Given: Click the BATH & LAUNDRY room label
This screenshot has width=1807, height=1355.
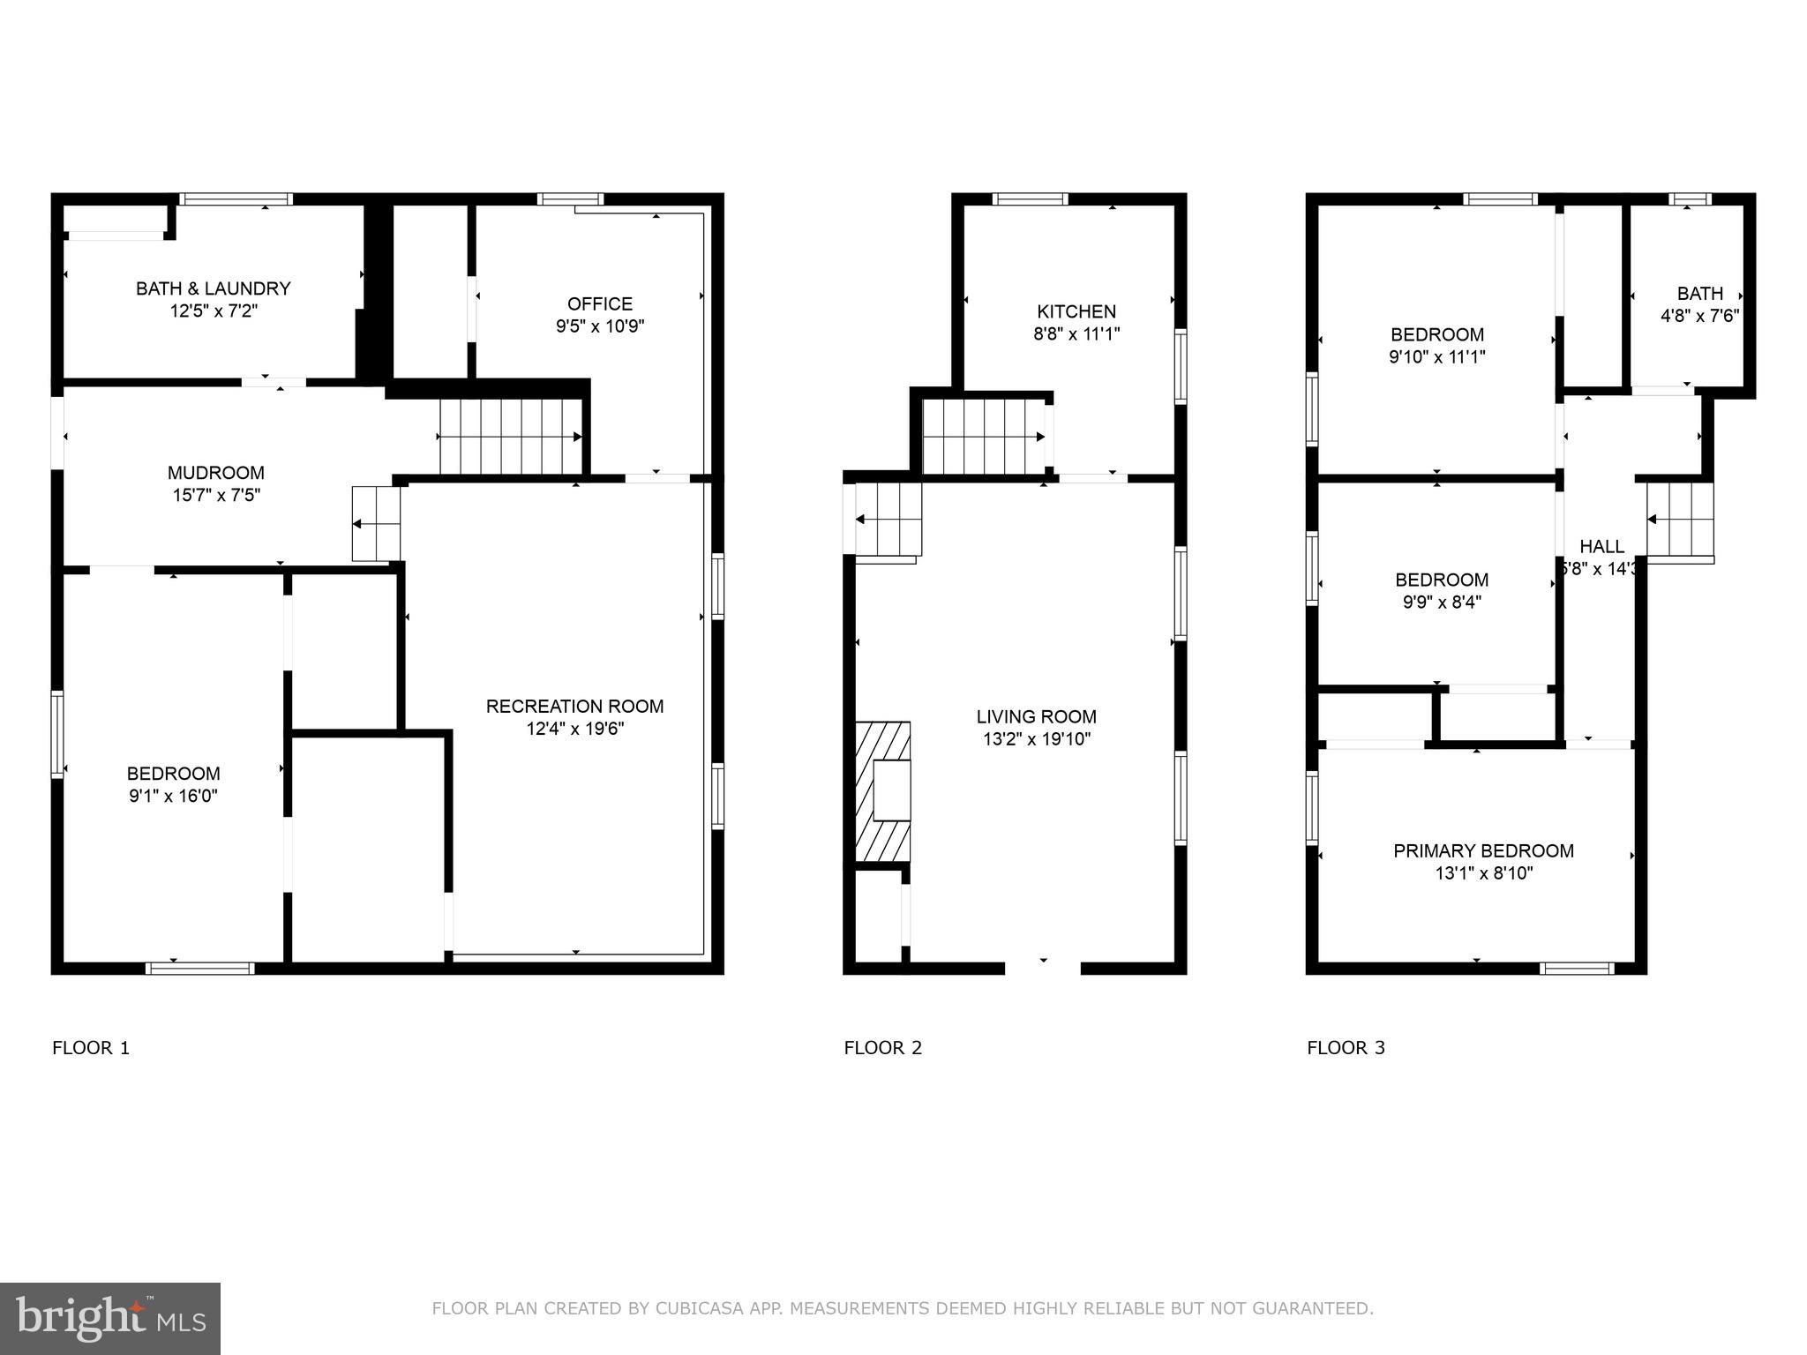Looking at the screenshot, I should click(213, 288).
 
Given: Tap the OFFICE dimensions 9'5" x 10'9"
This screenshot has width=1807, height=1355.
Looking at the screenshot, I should click(600, 326).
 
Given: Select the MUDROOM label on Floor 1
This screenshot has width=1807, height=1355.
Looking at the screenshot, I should click(216, 473).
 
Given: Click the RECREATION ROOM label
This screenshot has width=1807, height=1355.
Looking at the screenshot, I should click(574, 706).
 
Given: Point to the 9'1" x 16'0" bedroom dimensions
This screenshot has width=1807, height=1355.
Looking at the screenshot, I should click(173, 797).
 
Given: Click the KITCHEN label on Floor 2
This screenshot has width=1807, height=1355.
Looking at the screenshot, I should click(1076, 311).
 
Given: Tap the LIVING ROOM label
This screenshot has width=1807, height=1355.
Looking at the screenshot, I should click(1037, 716).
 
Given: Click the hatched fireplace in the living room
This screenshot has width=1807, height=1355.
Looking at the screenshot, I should click(882, 791).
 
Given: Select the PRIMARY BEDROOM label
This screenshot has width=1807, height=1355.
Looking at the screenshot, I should click(1483, 851).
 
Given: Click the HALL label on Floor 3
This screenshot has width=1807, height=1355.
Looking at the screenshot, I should click(1601, 546).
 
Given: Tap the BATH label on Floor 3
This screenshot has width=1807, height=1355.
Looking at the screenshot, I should click(1699, 294).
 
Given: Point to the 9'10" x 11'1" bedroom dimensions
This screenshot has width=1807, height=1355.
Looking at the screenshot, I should click(1436, 357).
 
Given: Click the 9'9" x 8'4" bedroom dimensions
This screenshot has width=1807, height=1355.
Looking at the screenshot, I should click(1441, 603).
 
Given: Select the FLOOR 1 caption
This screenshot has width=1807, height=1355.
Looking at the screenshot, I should click(91, 1048).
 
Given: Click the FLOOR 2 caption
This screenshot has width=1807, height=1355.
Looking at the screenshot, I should click(882, 1048).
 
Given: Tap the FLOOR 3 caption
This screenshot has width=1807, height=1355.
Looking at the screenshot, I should click(1346, 1048).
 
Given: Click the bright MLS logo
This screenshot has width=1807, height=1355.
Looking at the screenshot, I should click(110, 1319).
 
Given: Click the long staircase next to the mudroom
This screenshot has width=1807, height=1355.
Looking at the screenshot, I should click(510, 437).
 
